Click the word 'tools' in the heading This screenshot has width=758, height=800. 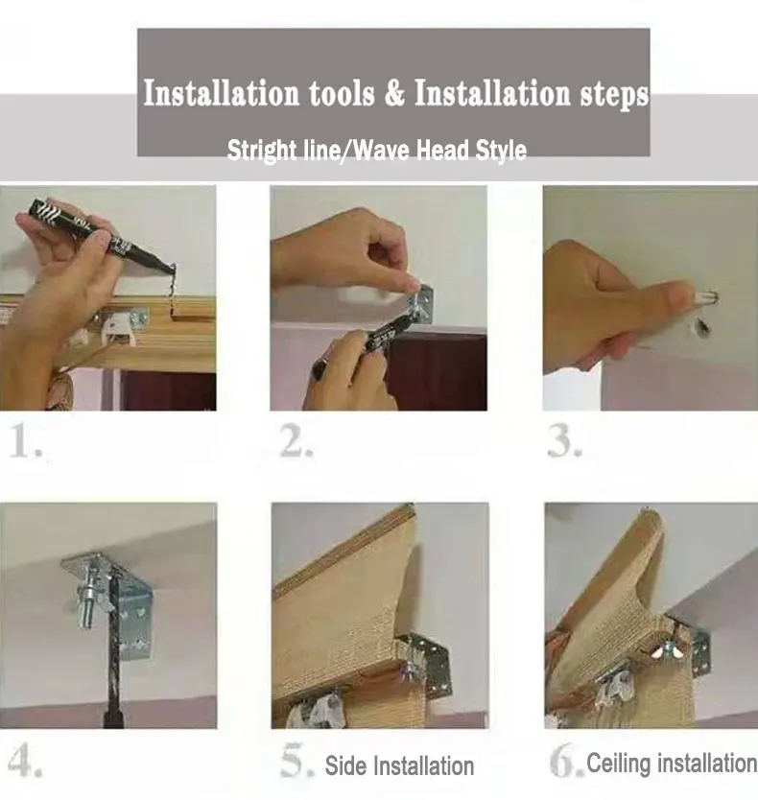(341, 93)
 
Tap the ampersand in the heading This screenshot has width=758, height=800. (394, 93)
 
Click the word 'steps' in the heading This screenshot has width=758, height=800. (614, 94)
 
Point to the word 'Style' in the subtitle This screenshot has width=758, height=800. (501, 151)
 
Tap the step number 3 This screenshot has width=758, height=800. (564, 441)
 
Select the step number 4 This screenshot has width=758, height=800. (25, 761)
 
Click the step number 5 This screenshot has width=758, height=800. (296, 761)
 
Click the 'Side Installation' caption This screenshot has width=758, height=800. (399, 766)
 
